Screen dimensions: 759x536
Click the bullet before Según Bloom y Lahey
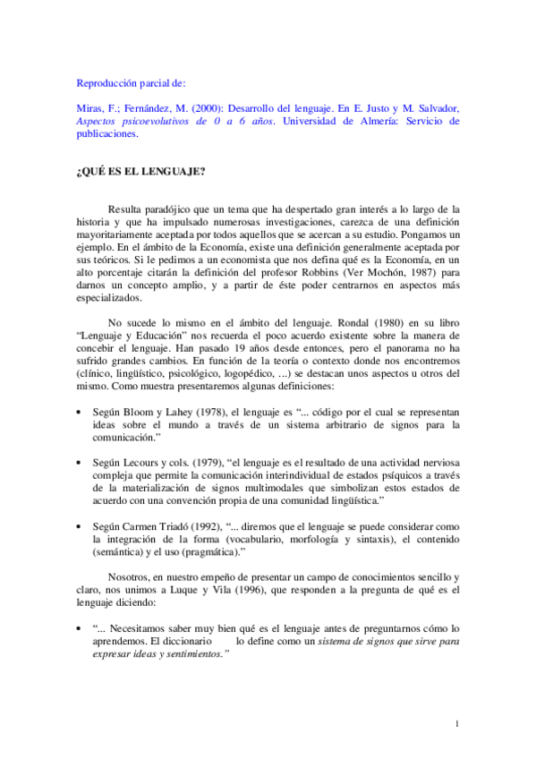click(x=81, y=412)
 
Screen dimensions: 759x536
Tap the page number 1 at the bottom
click(x=456, y=723)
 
